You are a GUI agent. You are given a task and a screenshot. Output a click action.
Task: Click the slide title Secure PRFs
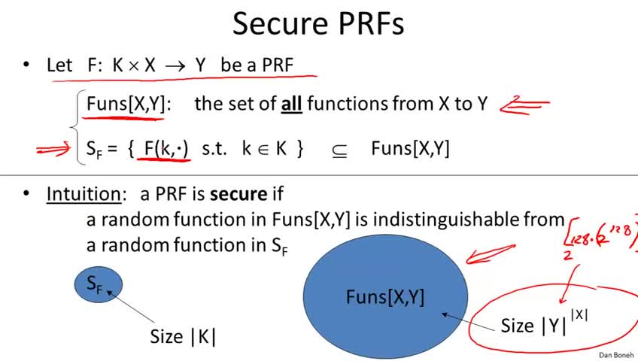pyautogui.click(x=318, y=23)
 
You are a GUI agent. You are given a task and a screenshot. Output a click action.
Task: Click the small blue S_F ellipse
pyautogui.click(x=99, y=284)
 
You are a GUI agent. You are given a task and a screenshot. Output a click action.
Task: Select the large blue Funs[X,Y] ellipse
pyautogui.click(x=385, y=296)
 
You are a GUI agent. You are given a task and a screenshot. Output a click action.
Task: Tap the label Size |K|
pyautogui.click(x=183, y=337)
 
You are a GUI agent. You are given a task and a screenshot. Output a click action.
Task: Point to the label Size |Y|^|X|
pyautogui.click(x=545, y=322)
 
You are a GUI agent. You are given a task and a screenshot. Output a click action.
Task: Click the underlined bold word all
pyautogui.click(x=291, y=104)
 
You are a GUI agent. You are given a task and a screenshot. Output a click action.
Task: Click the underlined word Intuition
pyautogui.click(x=84, y=194)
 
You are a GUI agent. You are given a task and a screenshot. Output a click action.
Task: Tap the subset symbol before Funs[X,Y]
pyautogui.click(x=339, y=151)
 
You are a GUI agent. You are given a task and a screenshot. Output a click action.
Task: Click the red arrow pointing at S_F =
pyautogui.click(x=53, y=149)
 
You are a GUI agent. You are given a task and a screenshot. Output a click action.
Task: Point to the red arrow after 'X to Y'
pyautogui.click(x=524, y=105)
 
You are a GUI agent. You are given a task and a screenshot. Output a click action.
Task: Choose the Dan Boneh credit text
pyautogui.click(x=616, y=355)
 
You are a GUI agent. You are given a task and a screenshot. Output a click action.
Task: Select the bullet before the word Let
pyautogui.click(x=26, y=64)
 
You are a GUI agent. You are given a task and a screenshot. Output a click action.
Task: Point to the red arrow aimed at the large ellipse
pyautogui.click(x=491, y=253)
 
